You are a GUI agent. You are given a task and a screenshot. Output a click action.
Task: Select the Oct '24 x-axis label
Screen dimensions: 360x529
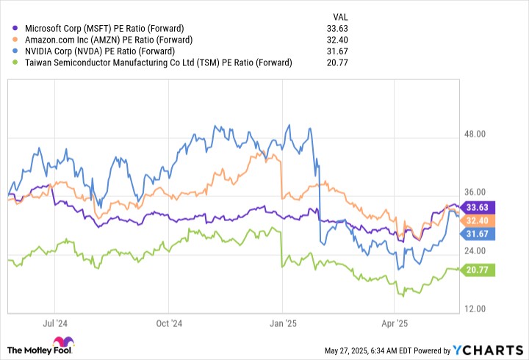pos(169,323)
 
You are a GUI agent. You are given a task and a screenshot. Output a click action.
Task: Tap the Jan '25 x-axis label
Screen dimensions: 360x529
pos(283,323)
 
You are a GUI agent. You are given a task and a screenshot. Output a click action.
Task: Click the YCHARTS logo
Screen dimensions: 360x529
pos(492,348)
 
